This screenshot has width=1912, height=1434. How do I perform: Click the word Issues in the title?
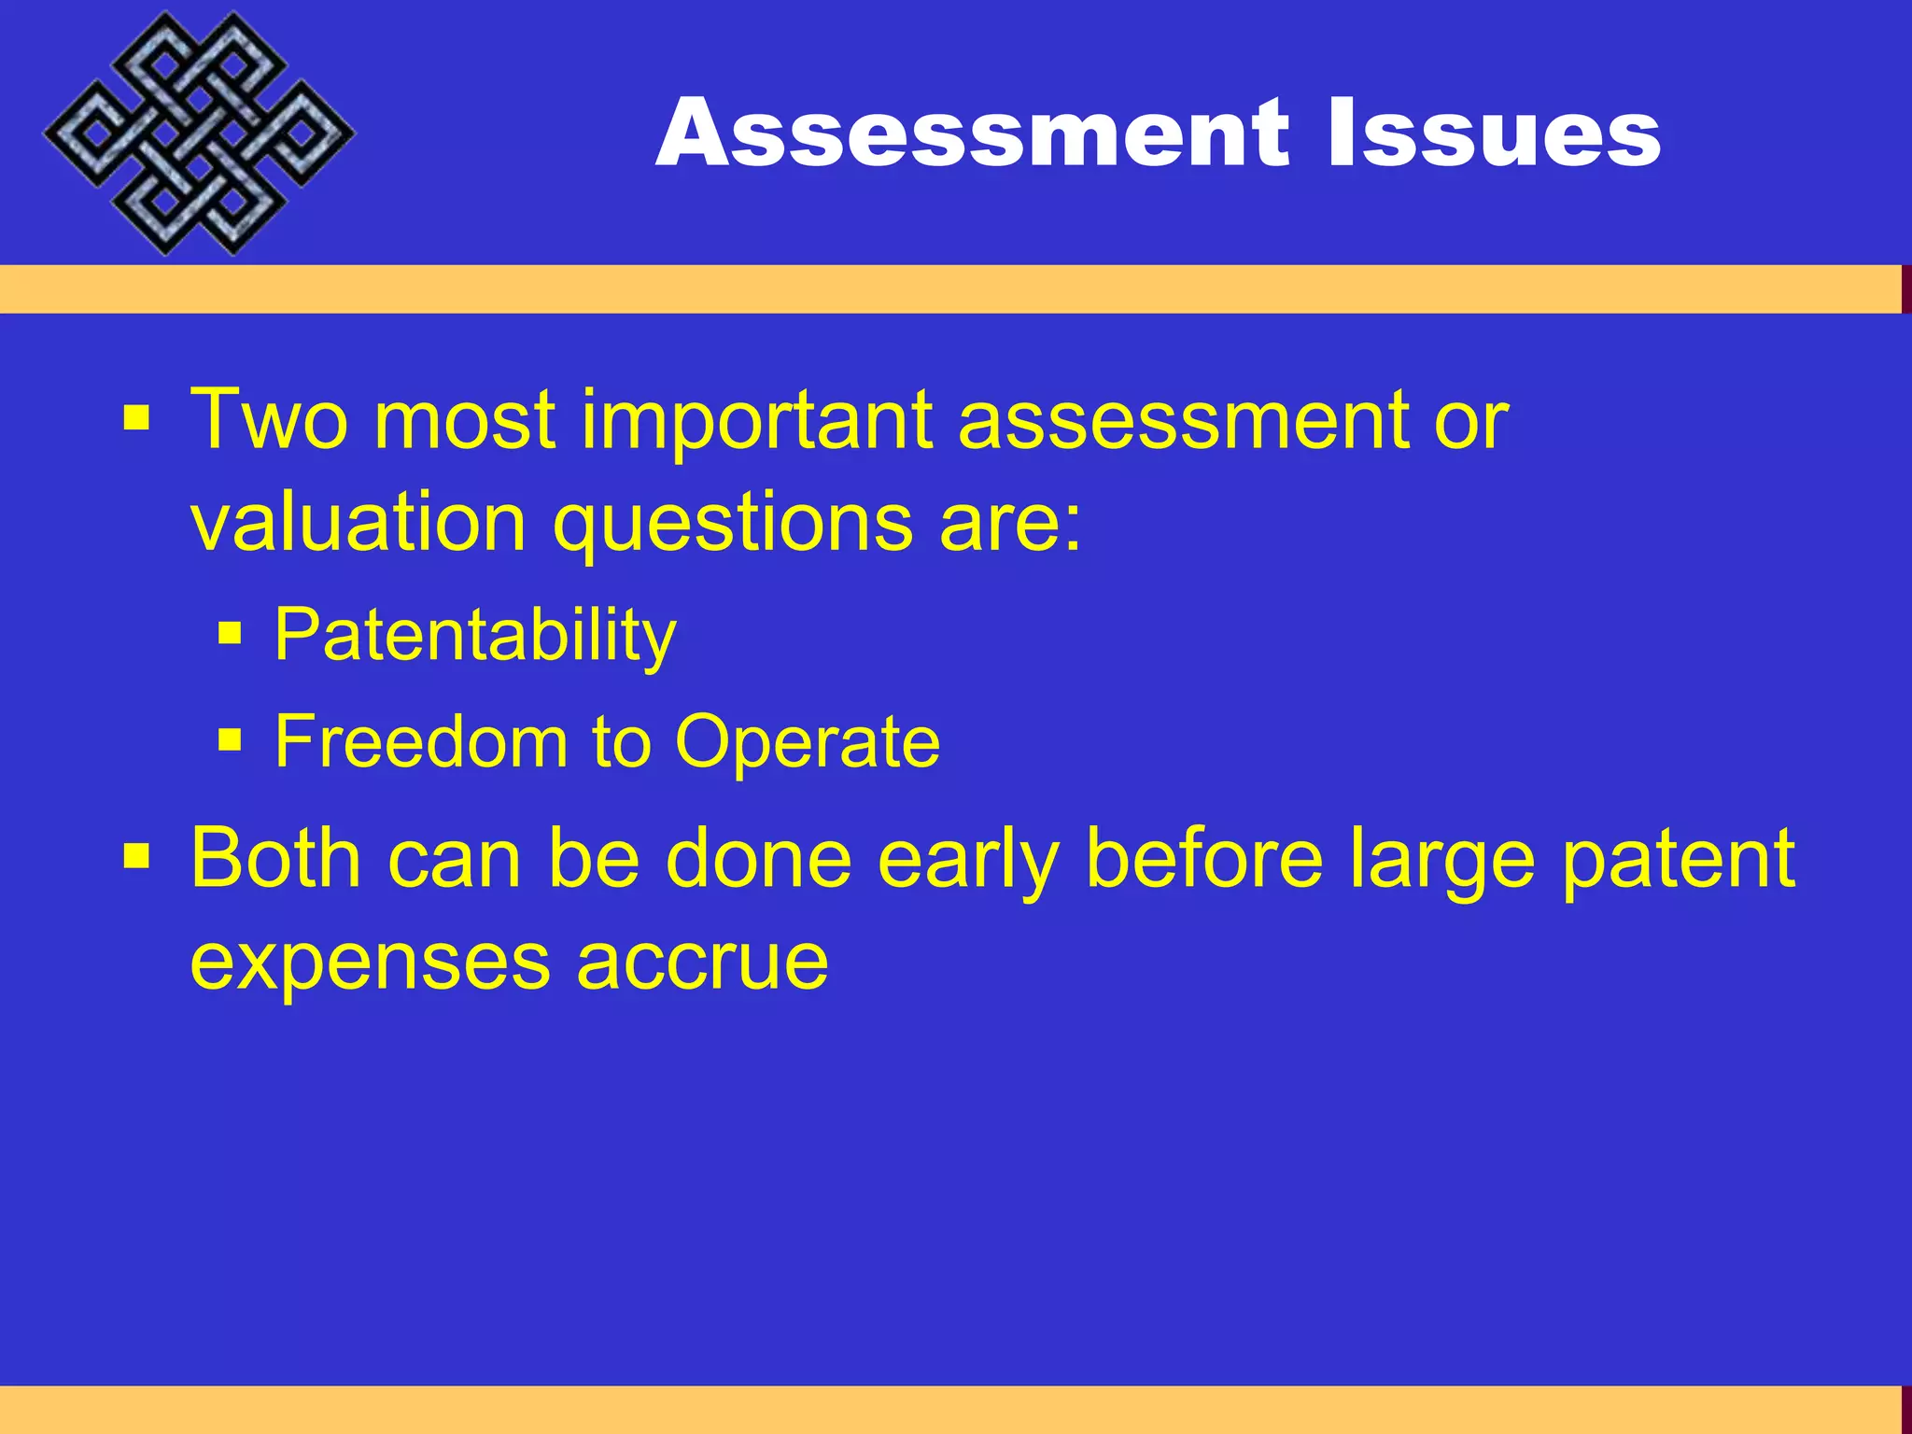1493,134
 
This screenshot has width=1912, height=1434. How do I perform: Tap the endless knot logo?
198,134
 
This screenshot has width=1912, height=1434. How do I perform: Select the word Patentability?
474,636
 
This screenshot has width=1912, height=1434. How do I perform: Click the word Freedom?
421,742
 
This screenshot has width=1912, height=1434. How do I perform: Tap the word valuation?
358,523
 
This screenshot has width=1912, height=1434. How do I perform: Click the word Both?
275,859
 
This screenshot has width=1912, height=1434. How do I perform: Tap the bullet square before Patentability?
230,636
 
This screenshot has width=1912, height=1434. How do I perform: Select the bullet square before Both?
136,855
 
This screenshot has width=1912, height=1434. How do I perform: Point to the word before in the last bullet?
1205,859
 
